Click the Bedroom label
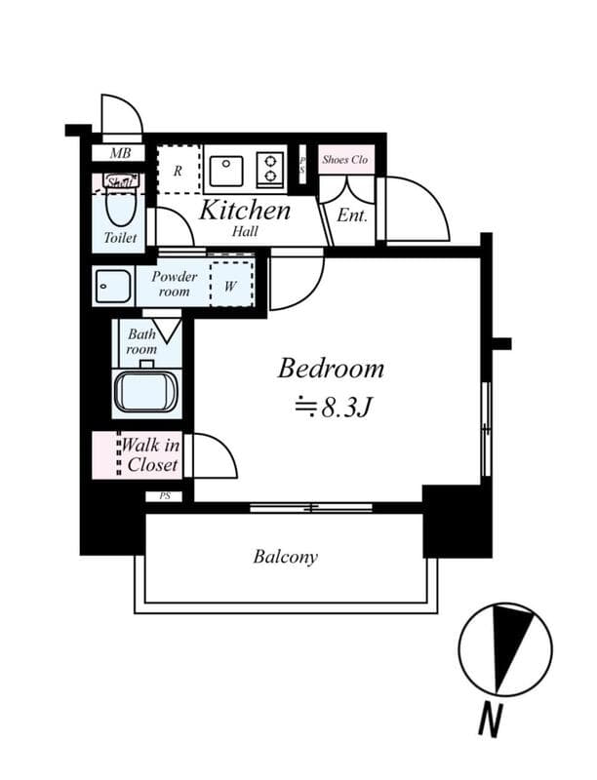click(331, 370)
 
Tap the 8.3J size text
click(331, 407)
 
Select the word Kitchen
click(245, 210)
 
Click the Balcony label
click(286, 557)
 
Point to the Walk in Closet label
click(151, 455)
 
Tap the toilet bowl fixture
click(121, 207)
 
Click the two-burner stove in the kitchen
click(270, 170)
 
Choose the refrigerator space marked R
click(178, 171)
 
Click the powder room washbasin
click(113, 287)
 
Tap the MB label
click(119, 153)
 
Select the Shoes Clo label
click(344, 160)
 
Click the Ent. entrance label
click(352, 214)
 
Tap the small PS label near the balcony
click(163, 496)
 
